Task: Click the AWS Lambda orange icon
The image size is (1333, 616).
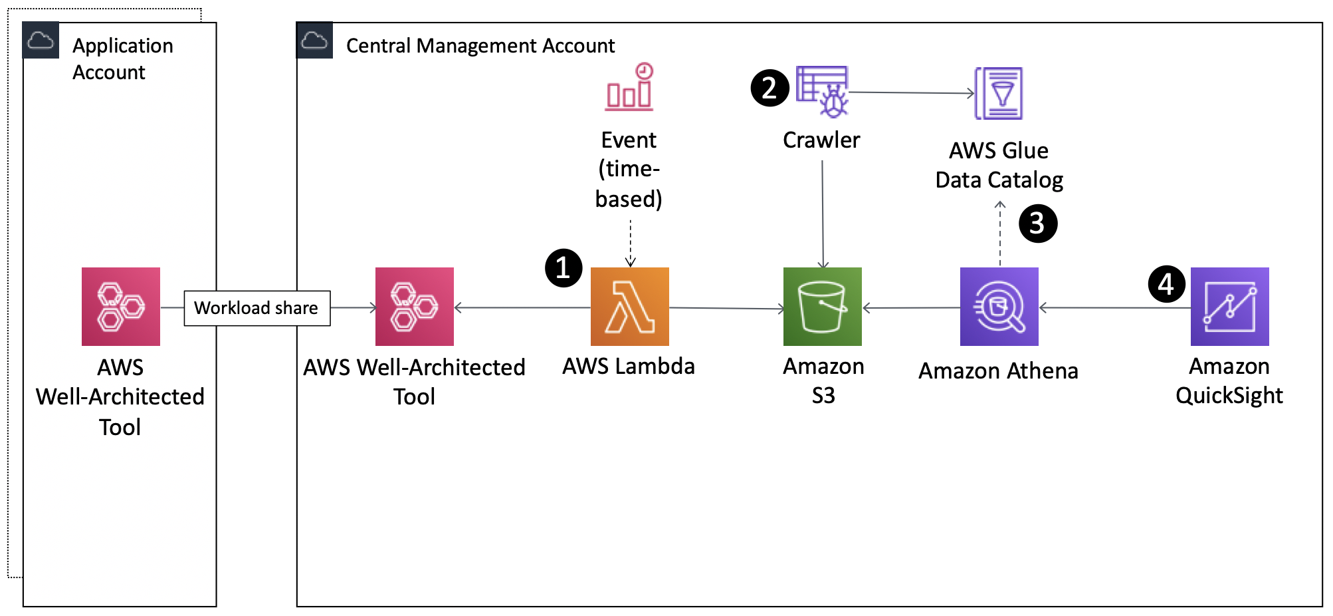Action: click(x=629, y=307)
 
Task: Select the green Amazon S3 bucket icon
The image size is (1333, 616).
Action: click(x=822, y=307)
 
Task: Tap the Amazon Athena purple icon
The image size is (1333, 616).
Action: click(x=999, y=307)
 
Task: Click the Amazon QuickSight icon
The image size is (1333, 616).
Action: click(x=1229, y=307)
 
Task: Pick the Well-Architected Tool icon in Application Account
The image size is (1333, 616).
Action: click(x=120, y=307)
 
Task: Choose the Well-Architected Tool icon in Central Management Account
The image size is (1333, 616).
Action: click(x=414, y=307)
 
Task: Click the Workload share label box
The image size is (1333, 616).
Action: click(x=256, y=308)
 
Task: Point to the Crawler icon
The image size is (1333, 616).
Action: click(x=823, y=91)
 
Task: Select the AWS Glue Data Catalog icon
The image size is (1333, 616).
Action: click(x=999, y=93)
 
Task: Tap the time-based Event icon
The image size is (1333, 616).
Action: click(x=629, y=88)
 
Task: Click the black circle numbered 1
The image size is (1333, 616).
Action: click(x=564, y=268)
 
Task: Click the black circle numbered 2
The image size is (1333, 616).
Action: click(x=769, y=88)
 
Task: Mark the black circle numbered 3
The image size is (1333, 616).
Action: click(x=1037, y=224)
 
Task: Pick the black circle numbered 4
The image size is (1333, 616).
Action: click(x=1166, y=285)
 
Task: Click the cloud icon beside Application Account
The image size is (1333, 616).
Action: click(x=41, y=41)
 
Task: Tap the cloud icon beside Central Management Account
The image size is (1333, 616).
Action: click(x=314, y=41)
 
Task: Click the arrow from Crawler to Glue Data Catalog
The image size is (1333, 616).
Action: click(x=910, y=92)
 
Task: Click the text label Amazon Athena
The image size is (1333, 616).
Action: click(x=998, y=371)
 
